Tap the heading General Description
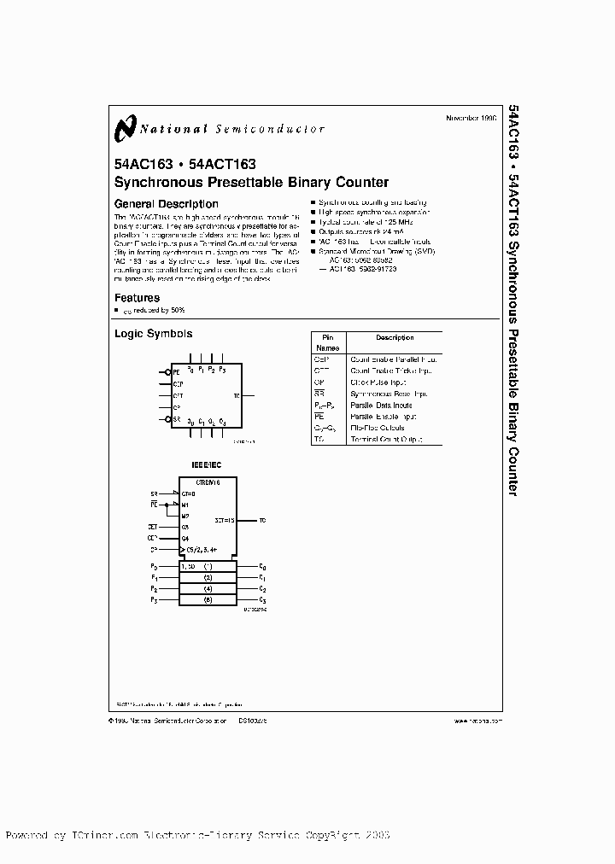point(166,204)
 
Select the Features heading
point(137,298)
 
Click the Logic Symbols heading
point(153,334)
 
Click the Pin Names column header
point(327,342)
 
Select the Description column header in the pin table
point(394,337)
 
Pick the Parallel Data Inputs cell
point(381,406)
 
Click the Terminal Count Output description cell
point(385,440)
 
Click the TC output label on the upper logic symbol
point(237,395)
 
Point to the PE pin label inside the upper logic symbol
point(177,372)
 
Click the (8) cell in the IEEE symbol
point(208,601)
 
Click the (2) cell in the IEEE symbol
point(208,578)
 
